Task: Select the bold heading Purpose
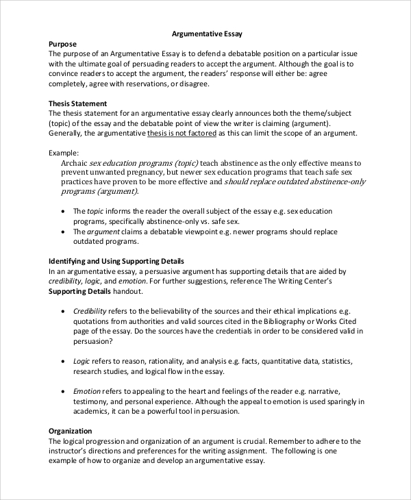pyautogui.click(x=63, y=44)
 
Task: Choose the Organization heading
pyautogui.click(x=71, y=431)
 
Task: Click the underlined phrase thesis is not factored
pyautogui.click(x=182, y=134)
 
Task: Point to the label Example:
pyautogui.click(x=64, y=153)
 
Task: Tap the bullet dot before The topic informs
pyautogui.click(x=64, y=212)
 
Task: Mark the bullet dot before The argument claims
pyautogui.click(x=64, y=232)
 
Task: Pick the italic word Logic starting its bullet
pyautogui.click(x=82, y=360)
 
